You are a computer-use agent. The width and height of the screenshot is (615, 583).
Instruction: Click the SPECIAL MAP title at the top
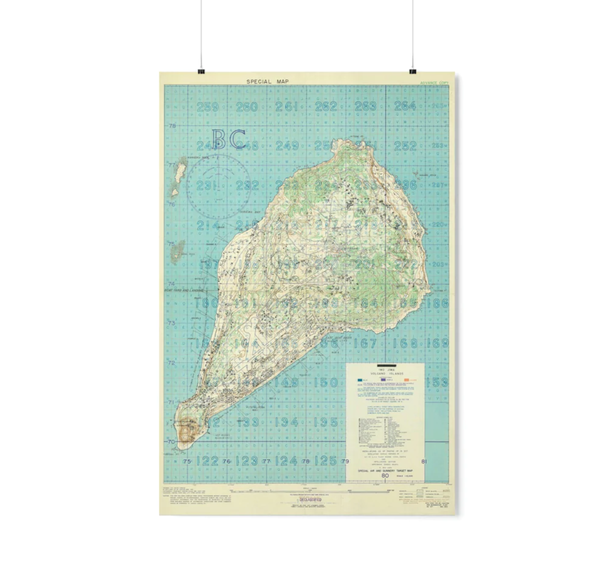[x=267, y=81]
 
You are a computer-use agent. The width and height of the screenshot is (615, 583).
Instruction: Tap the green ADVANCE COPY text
[x=434, y=83]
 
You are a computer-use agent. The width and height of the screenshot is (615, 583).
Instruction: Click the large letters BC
[x=228, y=139]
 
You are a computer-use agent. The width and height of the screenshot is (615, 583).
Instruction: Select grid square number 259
[x=207, y=106]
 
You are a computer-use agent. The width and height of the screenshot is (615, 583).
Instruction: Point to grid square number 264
[x=405, y=106]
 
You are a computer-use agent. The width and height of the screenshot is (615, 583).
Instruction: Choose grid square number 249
[x=287, y=146]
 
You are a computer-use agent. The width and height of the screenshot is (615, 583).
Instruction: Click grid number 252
[x=405, y=146]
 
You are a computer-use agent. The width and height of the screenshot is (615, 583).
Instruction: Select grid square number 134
[x=286, y=422]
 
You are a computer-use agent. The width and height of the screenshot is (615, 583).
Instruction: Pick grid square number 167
[x=365, y=343]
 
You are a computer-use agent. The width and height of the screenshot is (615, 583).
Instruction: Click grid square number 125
[x=325, y=461]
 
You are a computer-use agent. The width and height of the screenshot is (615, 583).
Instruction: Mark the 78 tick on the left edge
[x=172, y=126]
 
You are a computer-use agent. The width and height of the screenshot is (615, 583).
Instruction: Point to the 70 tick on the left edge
[x=171, y=442]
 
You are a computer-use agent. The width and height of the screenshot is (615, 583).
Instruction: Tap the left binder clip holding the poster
[x=201, y=71]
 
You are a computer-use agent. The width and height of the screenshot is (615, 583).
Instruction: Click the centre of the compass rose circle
[x=218, y=186]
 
